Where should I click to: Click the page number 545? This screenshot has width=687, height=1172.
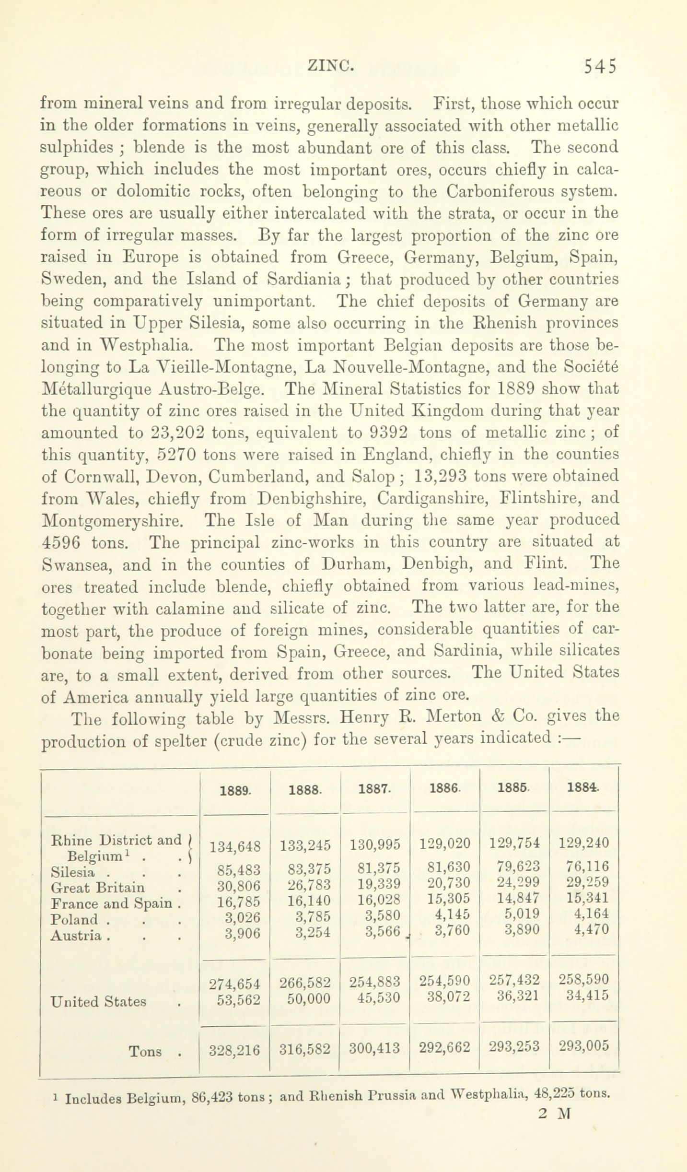coord(599,66)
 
